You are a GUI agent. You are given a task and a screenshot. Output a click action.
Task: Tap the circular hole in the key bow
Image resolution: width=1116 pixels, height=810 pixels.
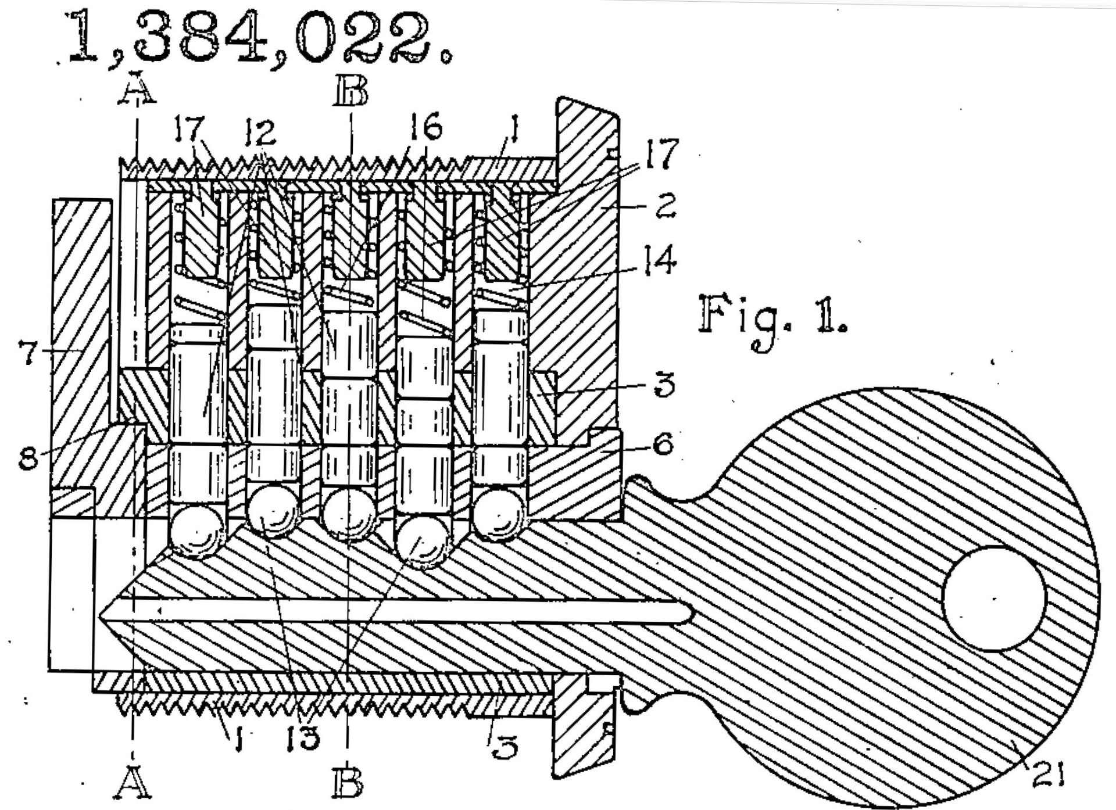click(x=994, y=598)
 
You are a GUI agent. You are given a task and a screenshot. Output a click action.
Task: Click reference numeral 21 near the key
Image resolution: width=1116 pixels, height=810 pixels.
click(x=1047, y=775)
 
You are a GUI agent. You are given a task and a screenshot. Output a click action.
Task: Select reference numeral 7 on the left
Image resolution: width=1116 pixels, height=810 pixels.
click(x=28, y=352)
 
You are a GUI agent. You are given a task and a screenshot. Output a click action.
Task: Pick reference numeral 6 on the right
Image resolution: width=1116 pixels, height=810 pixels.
click(x=663, y=445)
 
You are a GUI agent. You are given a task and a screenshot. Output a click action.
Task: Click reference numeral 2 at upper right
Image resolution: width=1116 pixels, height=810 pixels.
click(x=665, y=205)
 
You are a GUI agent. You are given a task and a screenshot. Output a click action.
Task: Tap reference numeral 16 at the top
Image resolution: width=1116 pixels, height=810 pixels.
click(x=425, y=127)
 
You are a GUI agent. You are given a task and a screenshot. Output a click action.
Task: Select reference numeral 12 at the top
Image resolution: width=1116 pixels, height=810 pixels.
click(x=260, y=132)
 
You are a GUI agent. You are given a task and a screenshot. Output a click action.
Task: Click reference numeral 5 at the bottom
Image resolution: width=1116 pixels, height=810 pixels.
click(x=503, y=746)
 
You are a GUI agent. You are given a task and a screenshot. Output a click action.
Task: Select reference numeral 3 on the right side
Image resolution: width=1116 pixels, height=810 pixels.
click(x=663, y=385)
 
